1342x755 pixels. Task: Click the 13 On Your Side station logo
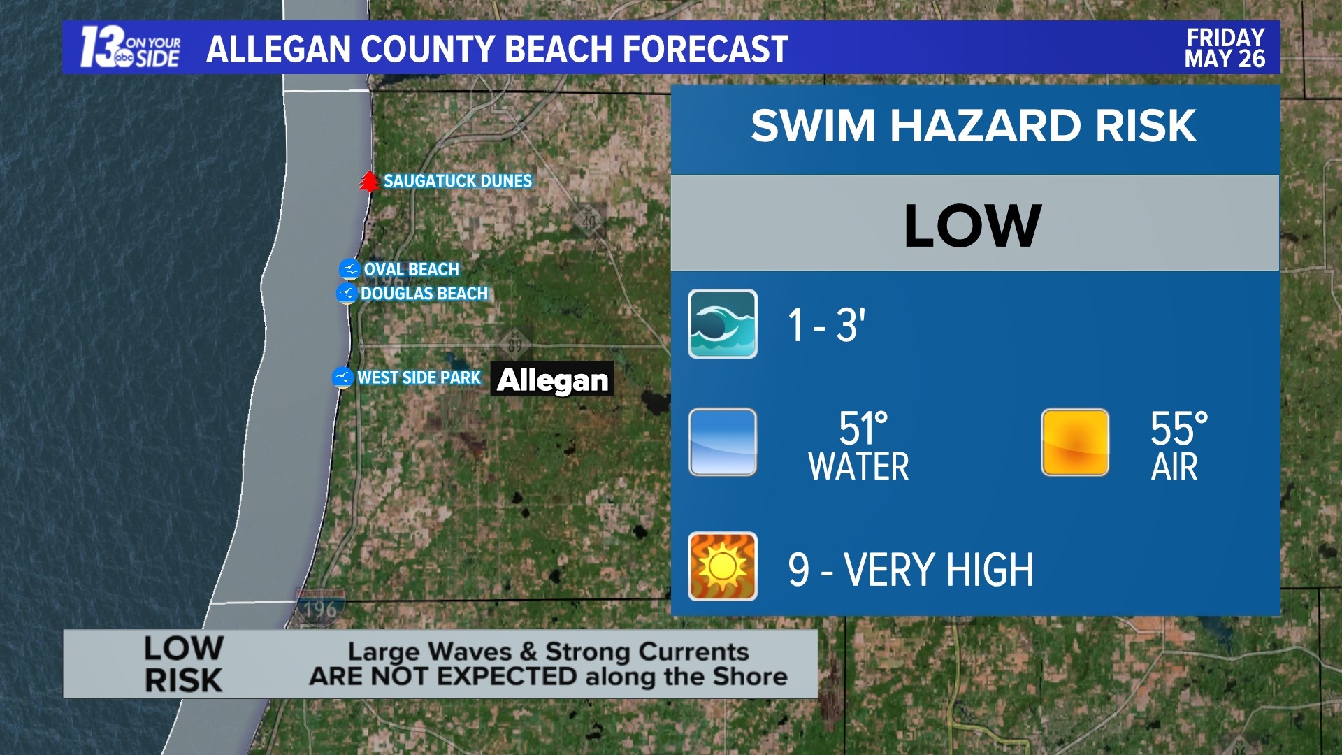point(131,48)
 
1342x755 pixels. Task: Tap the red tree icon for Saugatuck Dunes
point(369,181)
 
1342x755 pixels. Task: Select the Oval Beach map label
point(411,269)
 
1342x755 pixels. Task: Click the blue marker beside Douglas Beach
point(347,294)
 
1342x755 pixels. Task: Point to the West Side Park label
point(419,377)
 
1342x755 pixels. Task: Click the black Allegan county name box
point(552,380)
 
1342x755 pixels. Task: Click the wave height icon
point(722,324)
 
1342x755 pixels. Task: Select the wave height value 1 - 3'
point(826,325)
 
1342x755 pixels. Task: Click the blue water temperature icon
point(722,443)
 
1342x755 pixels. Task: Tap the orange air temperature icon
point(1074,443)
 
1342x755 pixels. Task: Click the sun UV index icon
point(722,566)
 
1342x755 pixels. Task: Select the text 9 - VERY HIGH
point(910,570)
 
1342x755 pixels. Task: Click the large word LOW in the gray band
point(973,226)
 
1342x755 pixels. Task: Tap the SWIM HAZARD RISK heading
point(973,126)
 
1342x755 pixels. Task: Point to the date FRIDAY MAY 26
point(1225,48)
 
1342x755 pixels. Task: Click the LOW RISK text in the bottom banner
point(183,664)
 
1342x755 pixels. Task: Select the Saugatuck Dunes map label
point(458,181)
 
